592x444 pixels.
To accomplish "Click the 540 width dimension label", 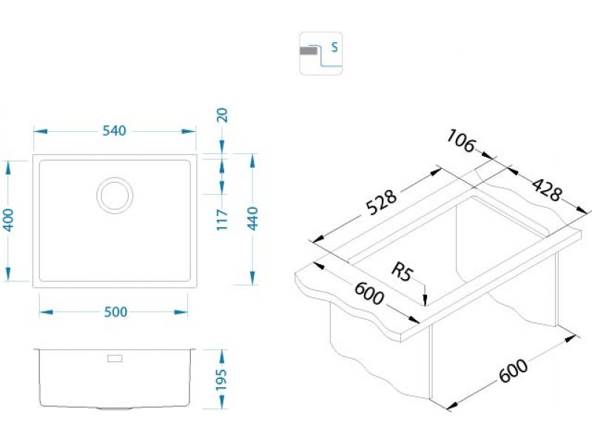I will [114, 131].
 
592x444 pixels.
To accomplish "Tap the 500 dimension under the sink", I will [115, 312].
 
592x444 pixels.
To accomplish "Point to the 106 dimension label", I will [461, 142].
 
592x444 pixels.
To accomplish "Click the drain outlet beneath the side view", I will [115, 408].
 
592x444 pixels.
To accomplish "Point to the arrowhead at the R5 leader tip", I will [425, 300].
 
